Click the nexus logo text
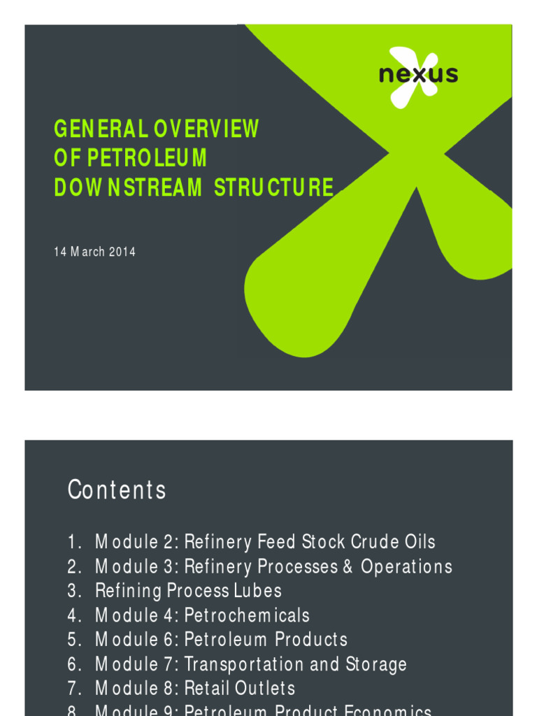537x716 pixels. [418, 74]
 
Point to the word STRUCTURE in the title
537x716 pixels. [274, 187]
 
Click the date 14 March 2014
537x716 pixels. [94, 252]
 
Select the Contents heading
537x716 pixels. [117, 490]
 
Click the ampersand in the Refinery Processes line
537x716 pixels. [348, 566]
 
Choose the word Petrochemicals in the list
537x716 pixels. [247, 615]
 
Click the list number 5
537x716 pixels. [73, 640]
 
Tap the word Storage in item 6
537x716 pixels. [376, 664]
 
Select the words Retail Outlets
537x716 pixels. [240, 689]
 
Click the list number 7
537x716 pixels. [73, 689]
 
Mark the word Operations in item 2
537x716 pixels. [407, 566]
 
